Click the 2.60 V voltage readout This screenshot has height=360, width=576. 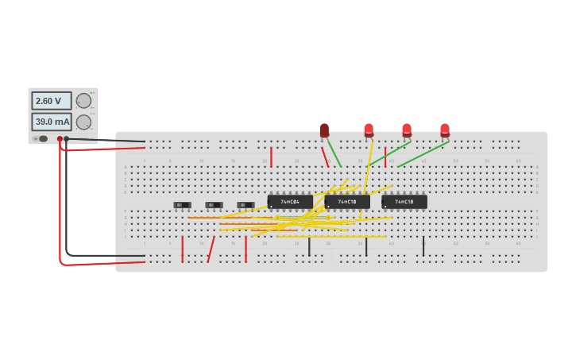pyautogui.click(x=51, y=101)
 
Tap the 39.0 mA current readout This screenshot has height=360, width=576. pyautogui.click(x=51, y=122)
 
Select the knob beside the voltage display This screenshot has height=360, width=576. pyautogui.click(x=83, y=101)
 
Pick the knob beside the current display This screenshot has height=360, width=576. pyautogui.click(x=83, y=122)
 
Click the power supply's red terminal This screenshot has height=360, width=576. pyautogui.click(x=60, y=139)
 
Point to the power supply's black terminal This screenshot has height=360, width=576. pyautogui.click(x=67, y=139)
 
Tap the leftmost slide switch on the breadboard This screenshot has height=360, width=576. pyautogui.click(x=182, y=205)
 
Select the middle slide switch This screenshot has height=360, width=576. pyautogui.click(x=214, y=205)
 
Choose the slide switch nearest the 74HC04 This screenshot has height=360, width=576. pyautogui.click(x=245, y=205)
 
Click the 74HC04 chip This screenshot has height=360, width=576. pyautogui.click(x=290, y=202)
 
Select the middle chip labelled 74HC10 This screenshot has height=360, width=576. pyautogui.click(x=347, y=202)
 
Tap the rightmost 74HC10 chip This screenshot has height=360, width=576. pyautogui.click(x=404, y=202)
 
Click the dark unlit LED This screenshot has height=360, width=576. pyautogui.click(x=324, y=130)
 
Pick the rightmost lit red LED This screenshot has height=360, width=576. pyautogui.click(x=445, y=130)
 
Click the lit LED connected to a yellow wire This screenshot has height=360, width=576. pyautogui.click(x=369, y=130)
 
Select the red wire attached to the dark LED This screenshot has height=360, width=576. pyautogui.click(x=325, y=157)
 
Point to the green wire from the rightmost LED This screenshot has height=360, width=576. pyautogui.click(x=423, y=154)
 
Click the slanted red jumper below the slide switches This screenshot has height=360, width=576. pyautogui.click(x=211, y=249)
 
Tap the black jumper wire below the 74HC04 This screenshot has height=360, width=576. pyautogui.click(x=309, y=246)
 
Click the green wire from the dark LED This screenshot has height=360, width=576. pyautogui.click(x=334, y=153)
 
